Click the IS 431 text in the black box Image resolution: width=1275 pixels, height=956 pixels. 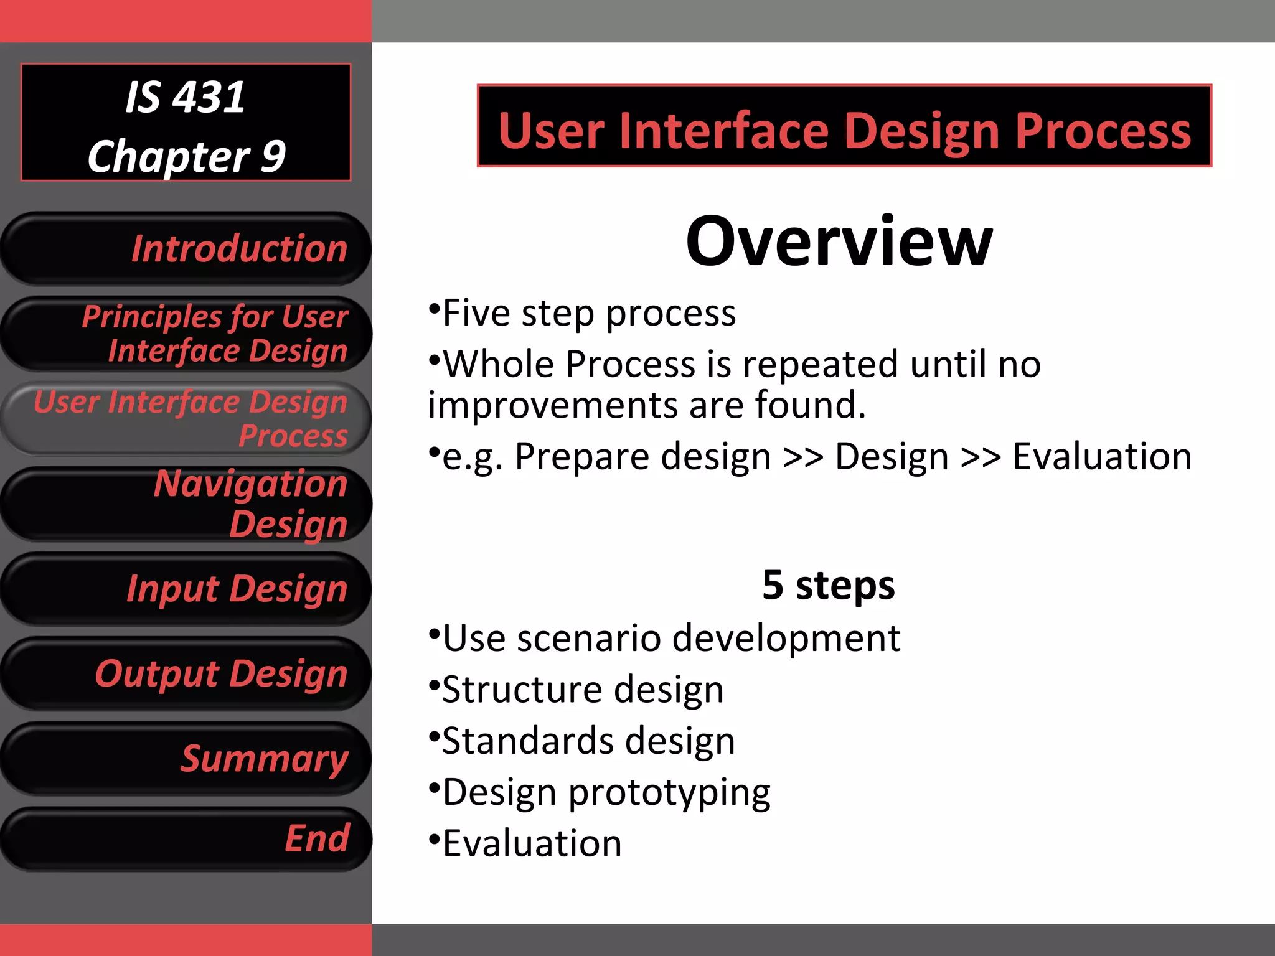point(185,97)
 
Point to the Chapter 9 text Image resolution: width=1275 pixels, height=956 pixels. point(186,156)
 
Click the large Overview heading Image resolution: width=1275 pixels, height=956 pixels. point(839,241)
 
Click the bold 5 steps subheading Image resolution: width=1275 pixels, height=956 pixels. point(828,585)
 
